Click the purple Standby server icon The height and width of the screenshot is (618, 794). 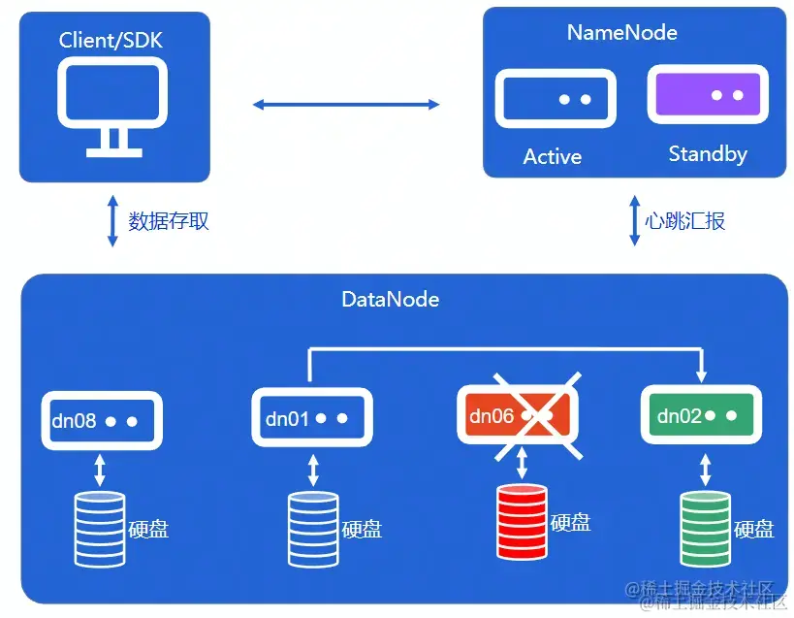tap(708, 96)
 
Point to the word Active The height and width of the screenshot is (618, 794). tap(553, 156)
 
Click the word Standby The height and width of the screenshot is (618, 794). tap(708, 154)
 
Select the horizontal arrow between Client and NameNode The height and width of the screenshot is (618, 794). tap(346, 104)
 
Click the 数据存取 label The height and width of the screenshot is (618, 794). tap(169, 221)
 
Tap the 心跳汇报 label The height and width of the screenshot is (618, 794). tap(684, 221)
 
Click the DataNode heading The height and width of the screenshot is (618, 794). tap(390, 299)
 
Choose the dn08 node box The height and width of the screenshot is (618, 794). tap(101, 421)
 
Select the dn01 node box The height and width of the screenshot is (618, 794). tap(312, 419)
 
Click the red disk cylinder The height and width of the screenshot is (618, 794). tap(522, 521)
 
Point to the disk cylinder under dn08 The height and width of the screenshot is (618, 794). tap(100, 529)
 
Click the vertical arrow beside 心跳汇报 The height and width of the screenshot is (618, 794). tap(635, 221)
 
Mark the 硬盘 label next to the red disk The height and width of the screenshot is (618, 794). tap(570, 522)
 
